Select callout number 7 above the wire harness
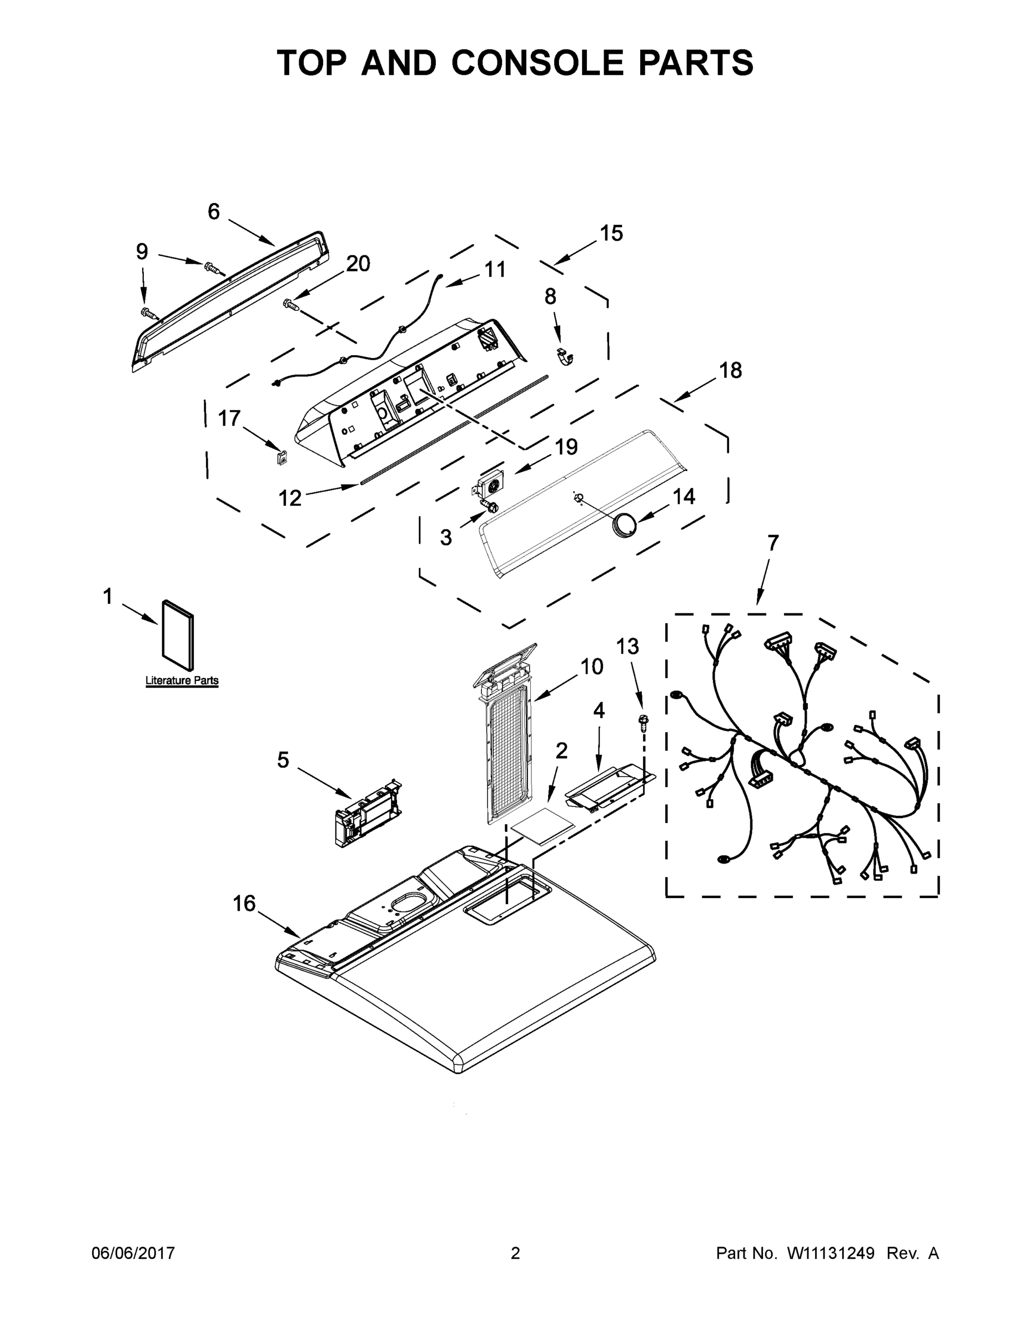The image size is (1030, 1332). pos(772,543)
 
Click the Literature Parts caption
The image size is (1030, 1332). pos(182,680)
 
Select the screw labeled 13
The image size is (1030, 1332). pos(643,722)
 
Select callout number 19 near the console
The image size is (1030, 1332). pos(566,447)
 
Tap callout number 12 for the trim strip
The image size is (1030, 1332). pos(290,498)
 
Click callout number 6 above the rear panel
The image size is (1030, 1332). pos(214,211)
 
